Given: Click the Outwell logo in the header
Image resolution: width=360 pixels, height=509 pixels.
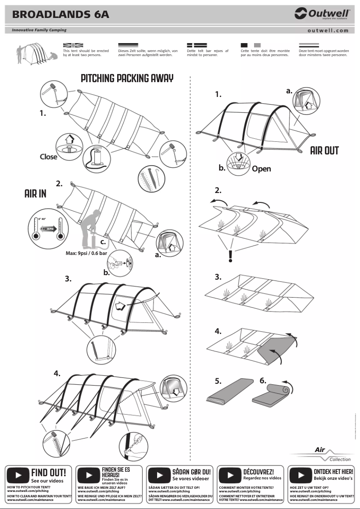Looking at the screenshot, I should [322, 14].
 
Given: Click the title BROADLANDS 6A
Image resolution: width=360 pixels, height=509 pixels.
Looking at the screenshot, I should [61, 14].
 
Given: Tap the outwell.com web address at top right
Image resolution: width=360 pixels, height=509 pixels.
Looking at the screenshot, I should [328, 31].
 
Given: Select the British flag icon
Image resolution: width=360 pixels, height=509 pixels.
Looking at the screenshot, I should [73, 45].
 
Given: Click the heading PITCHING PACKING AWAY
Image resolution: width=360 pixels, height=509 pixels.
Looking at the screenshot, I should [127, 79].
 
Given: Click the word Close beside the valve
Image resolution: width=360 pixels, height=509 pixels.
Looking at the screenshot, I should [48, 157].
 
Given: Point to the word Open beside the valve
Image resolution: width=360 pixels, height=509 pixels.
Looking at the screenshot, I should [261, 169].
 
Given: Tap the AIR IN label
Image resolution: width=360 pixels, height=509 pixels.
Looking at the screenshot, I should [35, 194].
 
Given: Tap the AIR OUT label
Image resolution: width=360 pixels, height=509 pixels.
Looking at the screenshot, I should [324, 150].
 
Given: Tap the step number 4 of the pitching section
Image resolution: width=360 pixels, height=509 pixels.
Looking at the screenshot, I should [57, 373].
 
